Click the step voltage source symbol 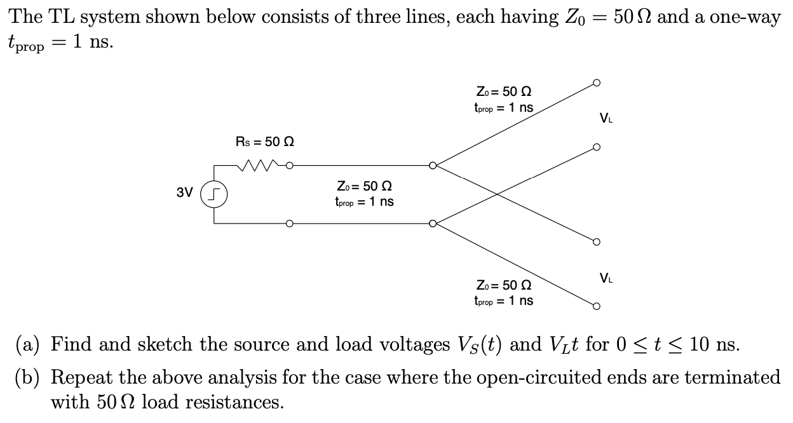(213, 193)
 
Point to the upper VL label (606, 118)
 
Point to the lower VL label (606, 278)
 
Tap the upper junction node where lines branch (433, 166)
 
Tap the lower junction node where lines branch (433, 224)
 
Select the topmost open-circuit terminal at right (595, 83)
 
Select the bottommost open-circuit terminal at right (595, 306)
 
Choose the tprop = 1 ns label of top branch (503, 108)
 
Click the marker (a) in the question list (28, 345)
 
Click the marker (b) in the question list (29, 377)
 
